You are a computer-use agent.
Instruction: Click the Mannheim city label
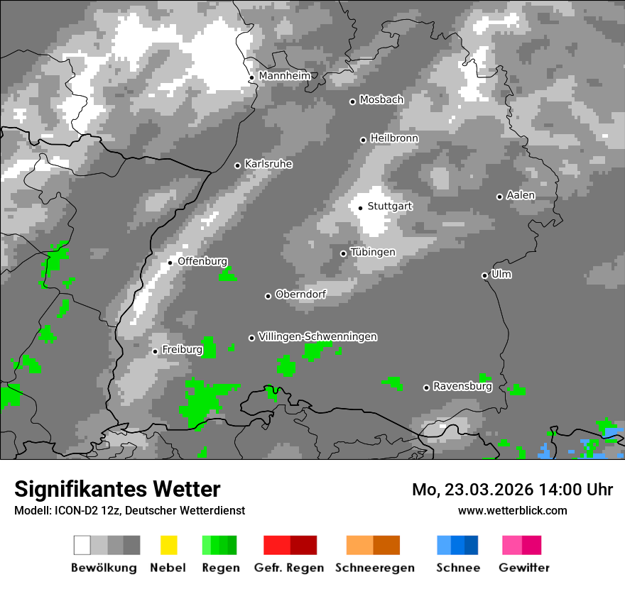pyautogui.click(x=284, y=76)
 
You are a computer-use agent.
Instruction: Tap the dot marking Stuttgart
pyautogui.click(x=361, y=208)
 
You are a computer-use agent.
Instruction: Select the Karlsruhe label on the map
pyautogui.click(x=268, y=164)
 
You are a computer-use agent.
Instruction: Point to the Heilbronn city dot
pyautogui.click(x=364, y=140)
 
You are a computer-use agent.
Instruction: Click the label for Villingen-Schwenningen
pyautogui.click(x=317, y=336)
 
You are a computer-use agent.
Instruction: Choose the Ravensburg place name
pyautogui.click(x=462, y=387)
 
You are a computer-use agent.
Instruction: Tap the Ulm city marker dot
pyautogui.click(x=485, y=275)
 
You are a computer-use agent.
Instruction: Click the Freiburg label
pyautogui.click(x=182, y=350)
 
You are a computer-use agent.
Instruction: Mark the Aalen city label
pyautogui.click(x=521, y=195)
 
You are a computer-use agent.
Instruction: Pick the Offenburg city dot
pyautogui.click(x=170, y=263)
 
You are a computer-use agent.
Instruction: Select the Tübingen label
pyautogui.click(x=373, y=252)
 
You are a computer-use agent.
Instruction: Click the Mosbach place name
pyautogui.click(x=381, y=100)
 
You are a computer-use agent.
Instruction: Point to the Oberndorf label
pyautogui.click(x=300, y=294)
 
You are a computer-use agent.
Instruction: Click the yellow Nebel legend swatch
pyautogui.click(x=168, y=545)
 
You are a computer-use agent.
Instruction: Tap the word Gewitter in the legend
pyautogui.click(x=523, y=568)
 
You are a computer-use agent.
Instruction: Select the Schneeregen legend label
pyautogui.click(x=374, y=568)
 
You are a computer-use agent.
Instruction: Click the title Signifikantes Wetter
pyautogui.click(x=117, y=489)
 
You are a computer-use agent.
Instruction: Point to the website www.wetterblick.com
pyautogui.click(x=512, y=510)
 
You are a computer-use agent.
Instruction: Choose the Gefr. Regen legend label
pyautogui.click(x=289, y=568)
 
